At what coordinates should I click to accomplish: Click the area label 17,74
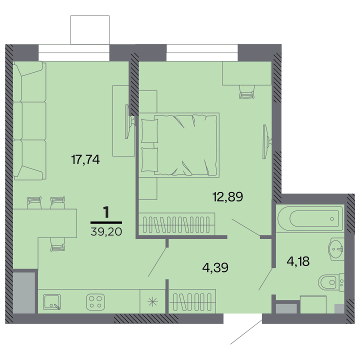[85, 159]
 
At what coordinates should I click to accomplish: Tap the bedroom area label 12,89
[228, 197]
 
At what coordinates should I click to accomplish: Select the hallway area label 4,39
[215, 267]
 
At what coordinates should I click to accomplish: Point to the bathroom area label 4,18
[298, 261]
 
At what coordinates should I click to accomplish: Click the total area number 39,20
[106, 232]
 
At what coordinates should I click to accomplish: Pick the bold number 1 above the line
[106, 212]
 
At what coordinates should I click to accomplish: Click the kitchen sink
[52, 302]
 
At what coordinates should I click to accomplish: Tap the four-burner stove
[95, 302]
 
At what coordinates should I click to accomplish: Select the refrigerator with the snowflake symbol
[152, 301]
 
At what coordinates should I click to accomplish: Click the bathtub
[310, 218]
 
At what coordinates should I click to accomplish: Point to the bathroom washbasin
[336, 249]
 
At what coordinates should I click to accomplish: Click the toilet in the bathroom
[331, 282]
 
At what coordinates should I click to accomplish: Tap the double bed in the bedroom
[179, 145]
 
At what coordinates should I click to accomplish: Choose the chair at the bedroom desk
[247, 92]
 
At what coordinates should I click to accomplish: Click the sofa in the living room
[30, 121]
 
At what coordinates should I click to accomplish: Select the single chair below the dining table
[57, 244]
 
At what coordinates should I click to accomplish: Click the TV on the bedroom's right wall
[267, 141]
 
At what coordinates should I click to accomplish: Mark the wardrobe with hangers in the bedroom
[177, 224]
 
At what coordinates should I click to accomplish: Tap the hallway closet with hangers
[192, 301]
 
